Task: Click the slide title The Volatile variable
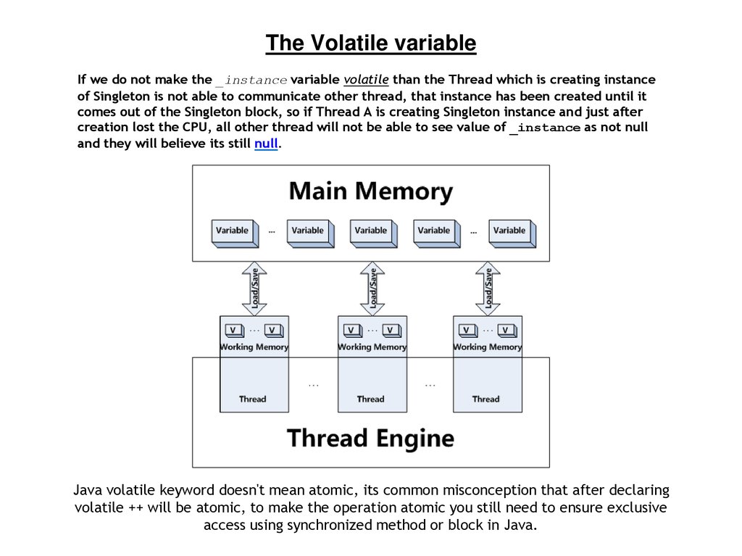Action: click(x=370, y=43)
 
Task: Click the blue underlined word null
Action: click(x=266, y=144)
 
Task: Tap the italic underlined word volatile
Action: click(x=366, y=79)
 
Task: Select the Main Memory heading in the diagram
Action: click(x=370, y=192)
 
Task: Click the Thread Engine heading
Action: click(x=370, y=438)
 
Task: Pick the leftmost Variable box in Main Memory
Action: click(x=233, y=231)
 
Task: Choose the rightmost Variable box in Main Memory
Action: click(x=510, y=231)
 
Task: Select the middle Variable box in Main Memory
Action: click(x=371, y=231)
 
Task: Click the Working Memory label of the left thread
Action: click(x=254, y=347)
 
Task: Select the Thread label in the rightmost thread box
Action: click(x=485, y=399)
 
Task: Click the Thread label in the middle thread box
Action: click(x=370, y=399)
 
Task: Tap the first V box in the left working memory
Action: click(x=233, y=331)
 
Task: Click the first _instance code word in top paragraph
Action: click(x=251, y=80)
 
